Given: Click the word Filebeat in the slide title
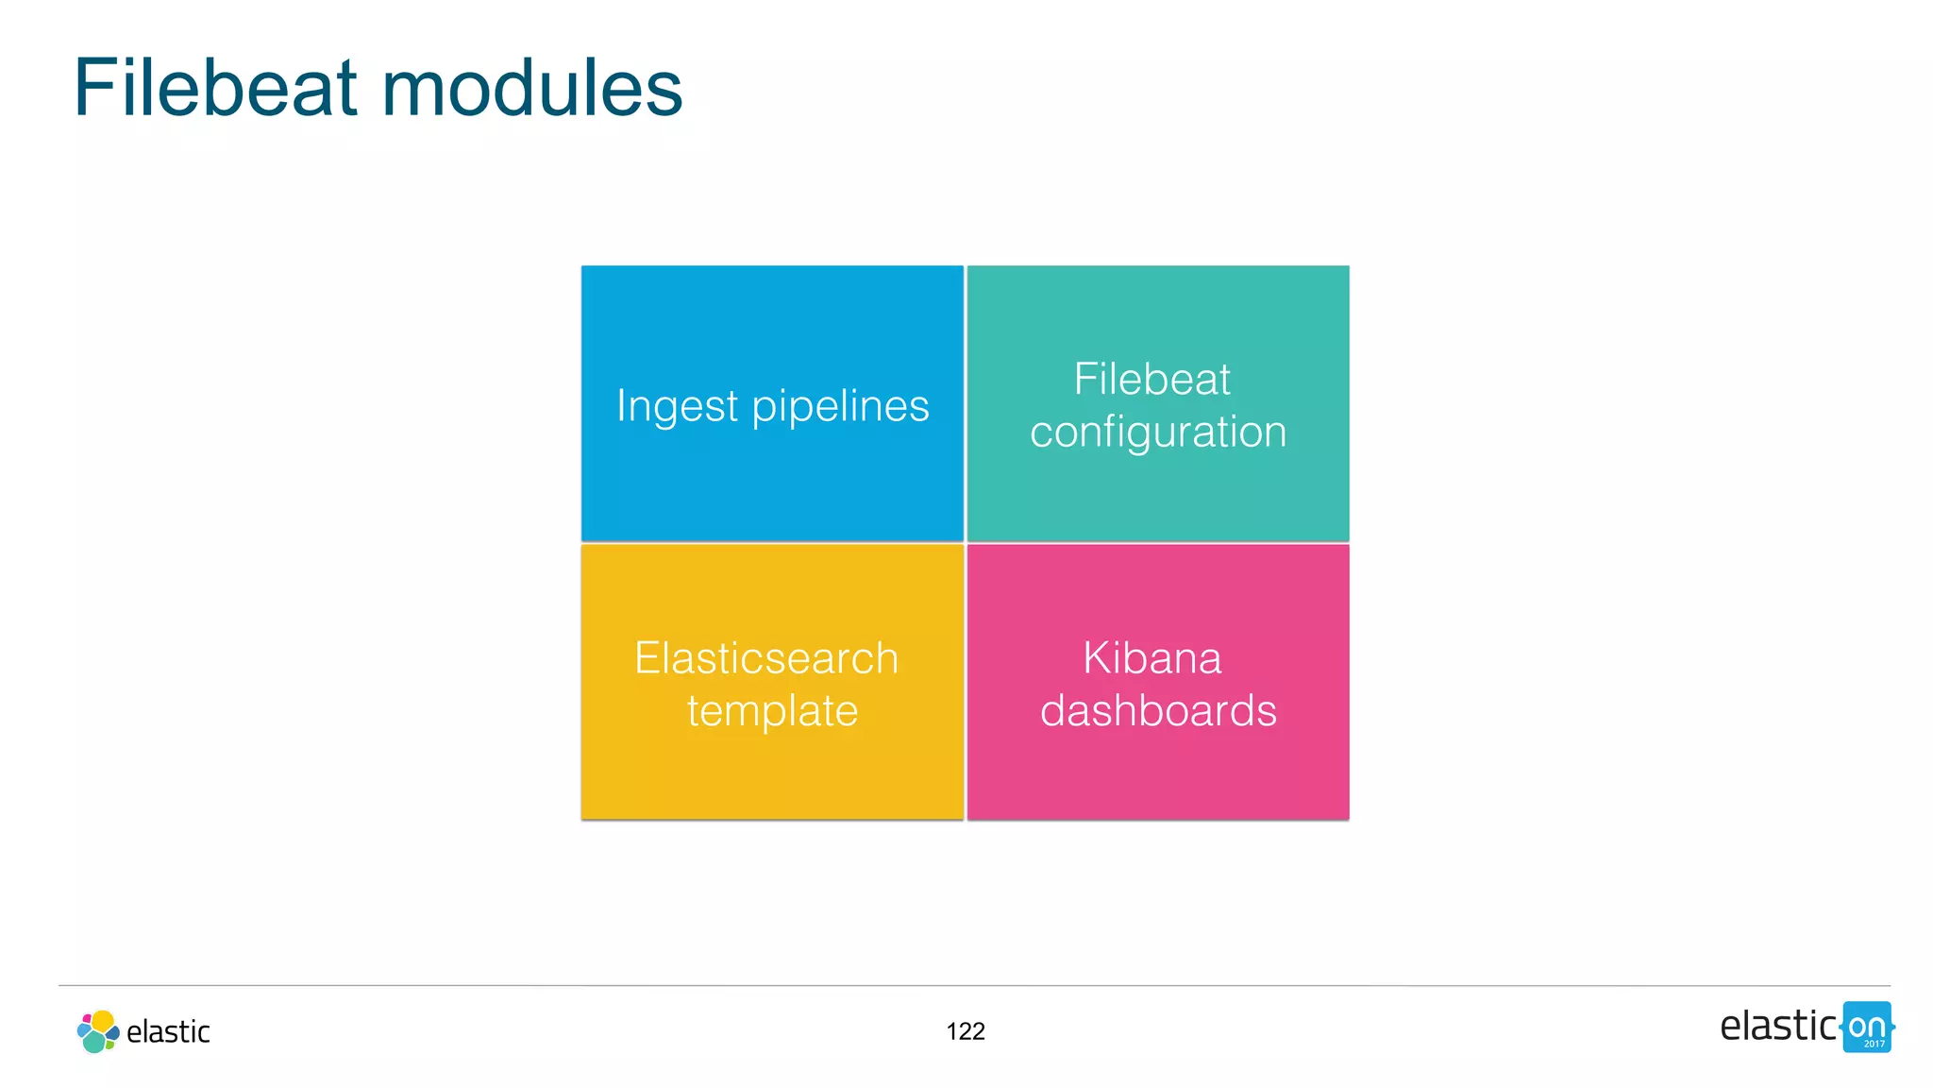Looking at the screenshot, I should [215, 88].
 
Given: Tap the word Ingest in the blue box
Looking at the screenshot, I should [677, 407].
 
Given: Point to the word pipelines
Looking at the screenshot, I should [840, 407].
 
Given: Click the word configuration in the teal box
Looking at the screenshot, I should [1158, 433].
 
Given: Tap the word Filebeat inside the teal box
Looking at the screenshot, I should [1151, 380].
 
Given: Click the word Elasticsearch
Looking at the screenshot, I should [766, 658].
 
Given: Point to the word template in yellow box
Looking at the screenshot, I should [772, 711].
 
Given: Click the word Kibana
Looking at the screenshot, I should [1151, 658].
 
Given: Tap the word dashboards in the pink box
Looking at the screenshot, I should [1158, 711].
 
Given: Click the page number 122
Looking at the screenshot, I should [966, 1031].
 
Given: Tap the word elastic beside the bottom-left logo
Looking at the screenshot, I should [168, 1032].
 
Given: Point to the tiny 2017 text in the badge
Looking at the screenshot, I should [1874, 1044].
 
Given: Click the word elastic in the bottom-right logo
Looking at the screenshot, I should [1777, 1027].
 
